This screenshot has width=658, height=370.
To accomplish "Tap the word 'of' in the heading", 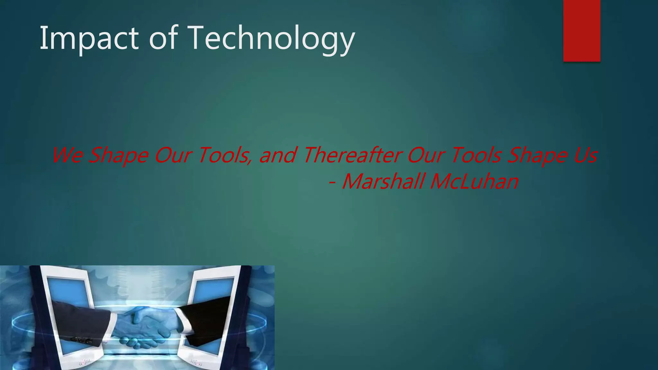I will (x=163, y=39).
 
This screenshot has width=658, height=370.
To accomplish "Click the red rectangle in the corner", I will (x=582, y=31).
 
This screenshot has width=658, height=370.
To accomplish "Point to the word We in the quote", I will (x=67, y=155).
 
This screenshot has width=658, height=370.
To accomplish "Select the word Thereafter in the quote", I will (x=352, y=155).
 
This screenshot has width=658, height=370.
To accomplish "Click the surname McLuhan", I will (x=474, y=181).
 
